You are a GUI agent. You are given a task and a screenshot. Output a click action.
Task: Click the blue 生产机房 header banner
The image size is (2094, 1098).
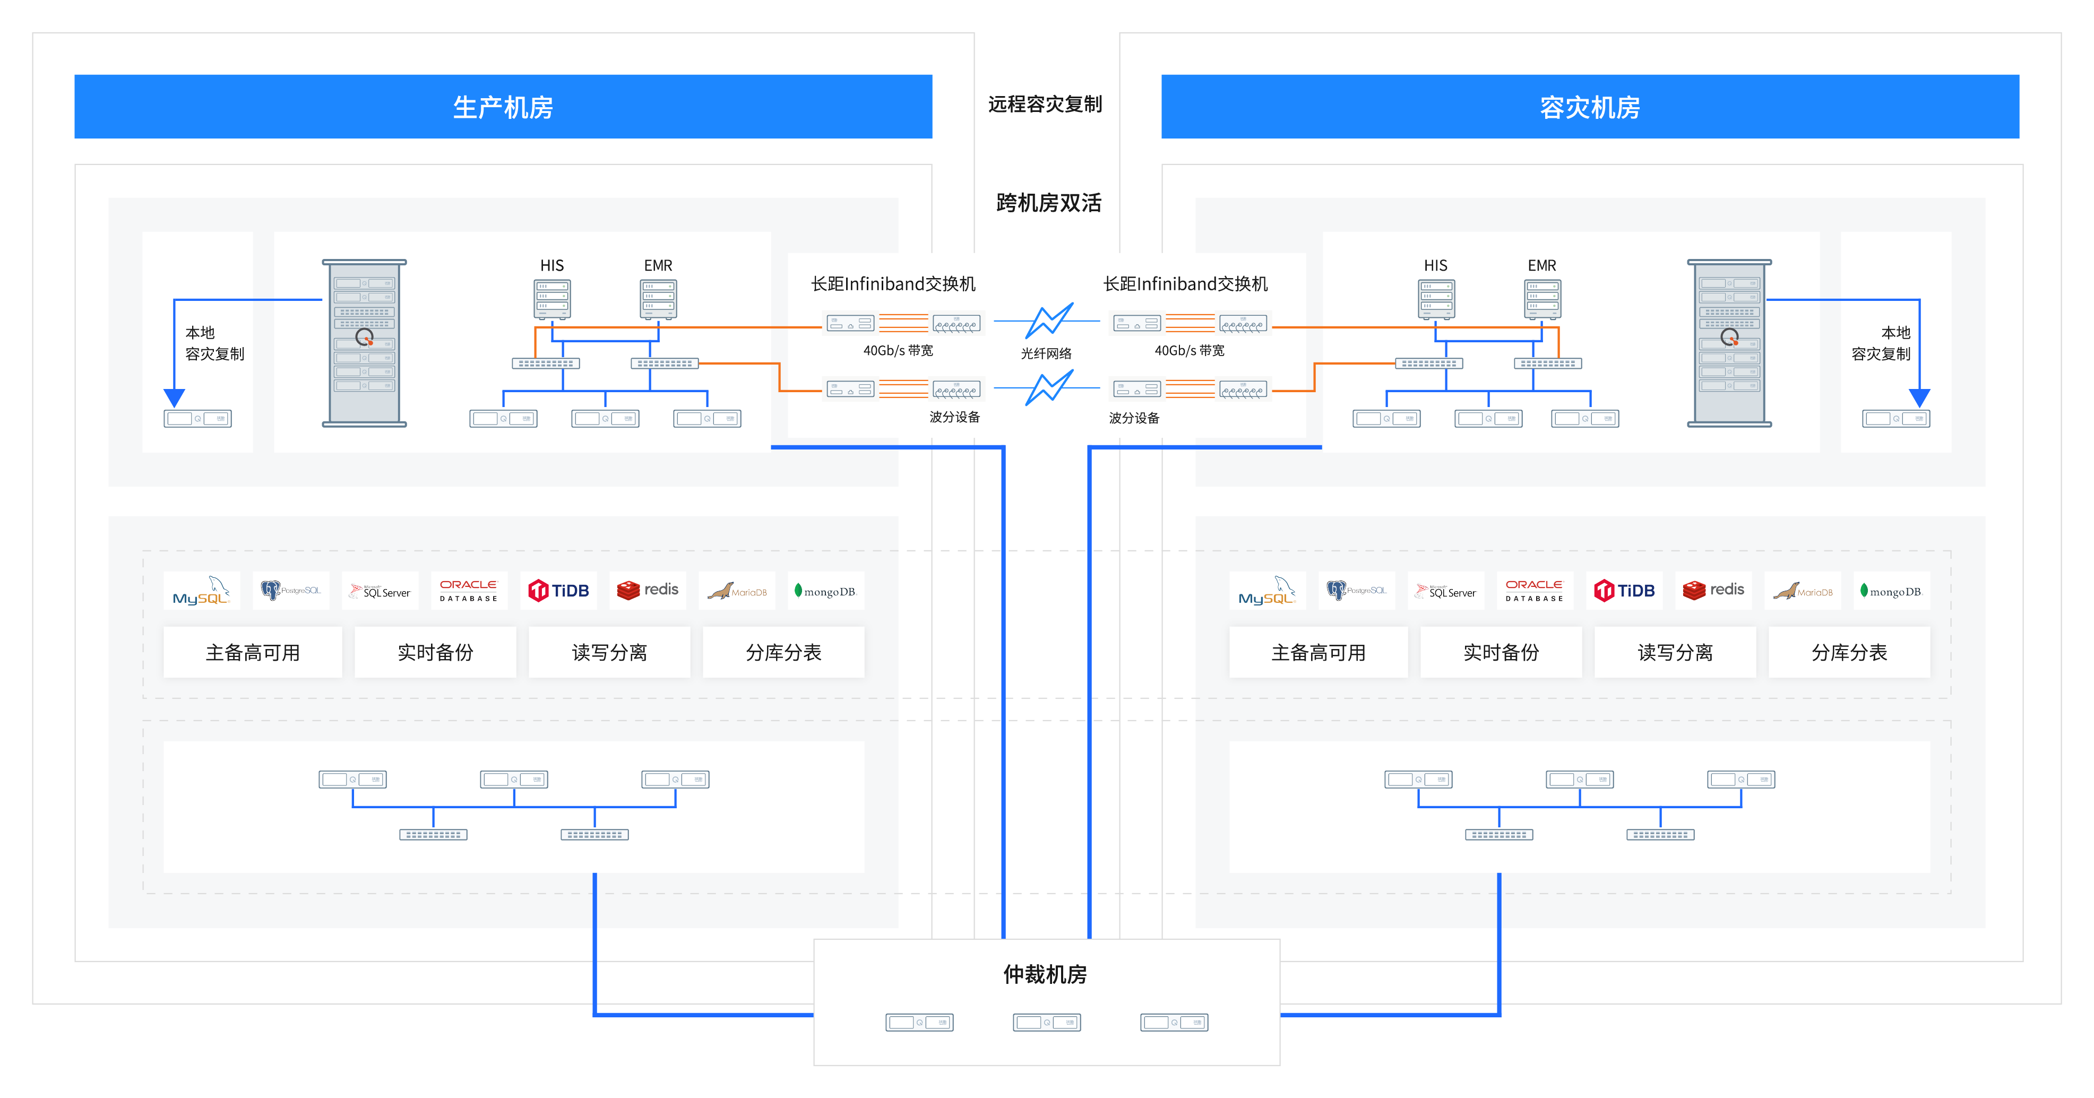pos(503,107)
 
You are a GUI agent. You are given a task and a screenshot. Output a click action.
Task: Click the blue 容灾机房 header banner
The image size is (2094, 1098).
pos(1590,107)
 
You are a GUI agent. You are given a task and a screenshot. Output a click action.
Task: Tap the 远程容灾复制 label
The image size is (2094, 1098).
pos(1045,104)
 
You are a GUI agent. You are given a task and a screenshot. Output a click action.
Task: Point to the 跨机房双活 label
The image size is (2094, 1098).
pos(1049,202)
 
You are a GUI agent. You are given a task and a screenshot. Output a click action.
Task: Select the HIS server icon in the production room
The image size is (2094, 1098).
pos(552,299)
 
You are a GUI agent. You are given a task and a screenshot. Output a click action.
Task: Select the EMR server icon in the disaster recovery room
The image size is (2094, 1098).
pos(1542,299)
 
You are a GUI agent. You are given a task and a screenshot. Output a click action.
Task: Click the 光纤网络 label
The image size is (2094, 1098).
pos(1046,353)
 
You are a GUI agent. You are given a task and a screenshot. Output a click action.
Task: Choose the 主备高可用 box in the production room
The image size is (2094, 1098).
pos(253,652)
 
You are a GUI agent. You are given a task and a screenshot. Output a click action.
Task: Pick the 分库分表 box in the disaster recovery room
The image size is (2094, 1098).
pos(1849,652)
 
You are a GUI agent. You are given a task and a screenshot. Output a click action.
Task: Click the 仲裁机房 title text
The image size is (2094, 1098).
pos(1045,974)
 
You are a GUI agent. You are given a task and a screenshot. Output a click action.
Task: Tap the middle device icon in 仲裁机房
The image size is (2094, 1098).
pos(1047,1023)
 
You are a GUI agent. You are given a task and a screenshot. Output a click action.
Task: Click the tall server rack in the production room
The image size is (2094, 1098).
pos(364,343)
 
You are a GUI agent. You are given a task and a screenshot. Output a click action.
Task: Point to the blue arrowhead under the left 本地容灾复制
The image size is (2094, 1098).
pos(174,397)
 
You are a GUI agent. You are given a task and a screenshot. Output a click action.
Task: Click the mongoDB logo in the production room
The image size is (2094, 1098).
pos(825,591)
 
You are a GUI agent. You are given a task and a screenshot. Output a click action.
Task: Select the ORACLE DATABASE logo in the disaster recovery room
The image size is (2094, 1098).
pos(1534,591)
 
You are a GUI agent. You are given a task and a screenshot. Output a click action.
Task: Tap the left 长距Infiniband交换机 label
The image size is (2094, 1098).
pos(893,283)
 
